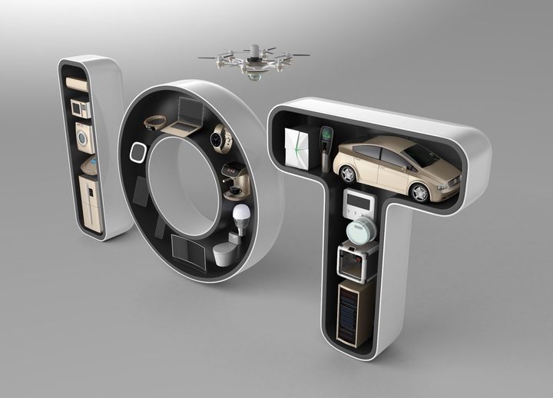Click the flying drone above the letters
click(253, 59)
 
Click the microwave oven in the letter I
click(79, 108)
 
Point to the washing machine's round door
click(82, 139)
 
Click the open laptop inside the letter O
click(185, 114)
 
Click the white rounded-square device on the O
click(139, 151)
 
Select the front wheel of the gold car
click(419, 191)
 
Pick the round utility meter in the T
click(359, 229)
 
